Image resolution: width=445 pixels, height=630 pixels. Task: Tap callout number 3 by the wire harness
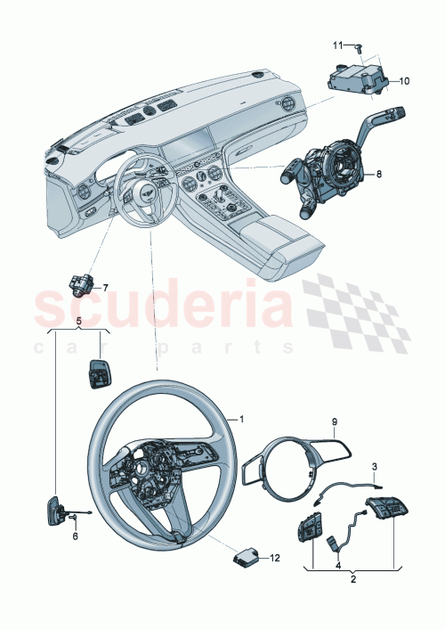(374, 466)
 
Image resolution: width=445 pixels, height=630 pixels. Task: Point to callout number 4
(337, 563)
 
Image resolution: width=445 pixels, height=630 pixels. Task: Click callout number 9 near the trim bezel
(336, 421)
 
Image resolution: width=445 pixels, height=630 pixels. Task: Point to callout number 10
(403, 81)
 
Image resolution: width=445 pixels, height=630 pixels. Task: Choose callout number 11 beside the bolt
(337, 45)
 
